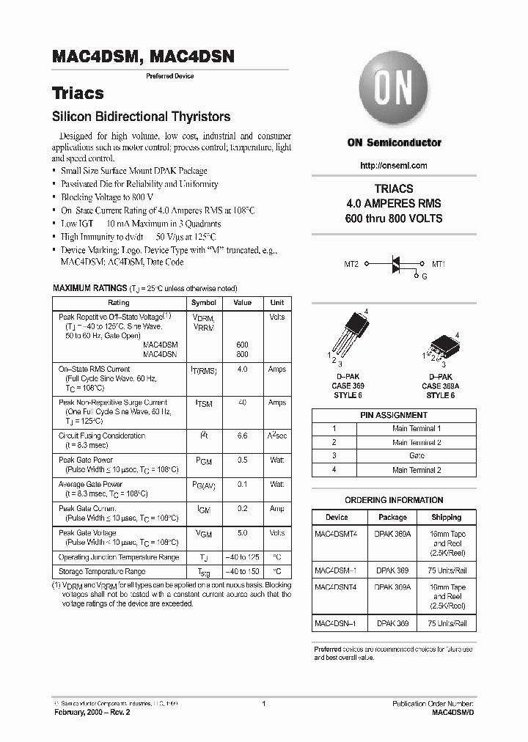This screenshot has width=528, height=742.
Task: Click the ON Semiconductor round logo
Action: [394, 90]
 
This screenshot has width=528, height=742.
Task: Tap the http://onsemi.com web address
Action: [394, 166]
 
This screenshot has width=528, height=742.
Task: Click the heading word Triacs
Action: [78, 94]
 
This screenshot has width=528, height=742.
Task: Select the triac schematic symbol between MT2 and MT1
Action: [398, 265]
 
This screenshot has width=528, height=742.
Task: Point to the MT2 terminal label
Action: [351, 264]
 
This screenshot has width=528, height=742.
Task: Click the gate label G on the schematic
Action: [424, 276]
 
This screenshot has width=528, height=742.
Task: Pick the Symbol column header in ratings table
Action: [204, 303]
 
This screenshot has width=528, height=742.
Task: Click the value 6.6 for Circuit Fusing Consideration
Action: [242, 436]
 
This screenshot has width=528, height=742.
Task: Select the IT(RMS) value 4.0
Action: [242, 370]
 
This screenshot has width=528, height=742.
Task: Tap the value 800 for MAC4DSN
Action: [242, 353]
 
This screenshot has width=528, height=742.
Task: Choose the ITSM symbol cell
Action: [204, 403]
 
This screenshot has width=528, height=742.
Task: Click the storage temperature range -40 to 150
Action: [242, 571]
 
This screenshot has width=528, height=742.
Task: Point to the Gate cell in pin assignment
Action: [416, 456]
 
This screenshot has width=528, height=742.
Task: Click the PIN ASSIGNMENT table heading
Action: [394, 415]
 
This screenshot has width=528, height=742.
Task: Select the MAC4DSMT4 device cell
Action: [337, 535]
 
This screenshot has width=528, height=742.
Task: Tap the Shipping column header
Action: [447, 517]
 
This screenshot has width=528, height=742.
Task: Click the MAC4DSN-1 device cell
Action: [337, 623]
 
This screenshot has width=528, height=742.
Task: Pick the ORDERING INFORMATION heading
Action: [394, 500]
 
